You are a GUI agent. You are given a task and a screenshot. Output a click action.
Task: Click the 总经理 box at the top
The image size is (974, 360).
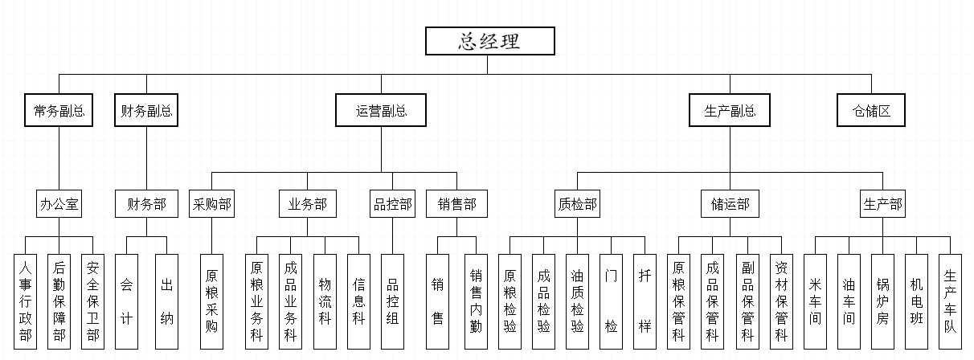pos(489,42)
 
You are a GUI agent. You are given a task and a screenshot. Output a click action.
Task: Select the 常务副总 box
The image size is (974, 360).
pos(59,111)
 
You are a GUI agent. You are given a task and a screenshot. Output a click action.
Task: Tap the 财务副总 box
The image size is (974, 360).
pos(146,111)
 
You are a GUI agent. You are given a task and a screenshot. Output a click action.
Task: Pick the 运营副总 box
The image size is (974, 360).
pos(381,111)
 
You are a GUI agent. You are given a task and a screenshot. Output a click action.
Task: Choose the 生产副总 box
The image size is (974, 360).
pos(730,111)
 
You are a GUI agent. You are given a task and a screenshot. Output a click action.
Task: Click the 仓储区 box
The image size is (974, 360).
pos(871,111)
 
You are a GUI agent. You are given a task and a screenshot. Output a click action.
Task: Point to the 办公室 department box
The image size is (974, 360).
pos(59,204)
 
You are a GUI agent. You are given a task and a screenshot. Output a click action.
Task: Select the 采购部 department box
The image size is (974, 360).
pos(211,204)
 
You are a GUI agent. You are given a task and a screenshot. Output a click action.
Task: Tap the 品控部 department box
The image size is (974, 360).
pos(392,204)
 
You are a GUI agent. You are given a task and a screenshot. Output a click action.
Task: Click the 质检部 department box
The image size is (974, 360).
pos(577,204)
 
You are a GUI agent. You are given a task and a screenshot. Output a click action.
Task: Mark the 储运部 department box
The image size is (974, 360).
pos(730,204)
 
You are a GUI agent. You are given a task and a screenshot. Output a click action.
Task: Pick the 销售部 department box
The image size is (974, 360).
pos(456,204)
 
